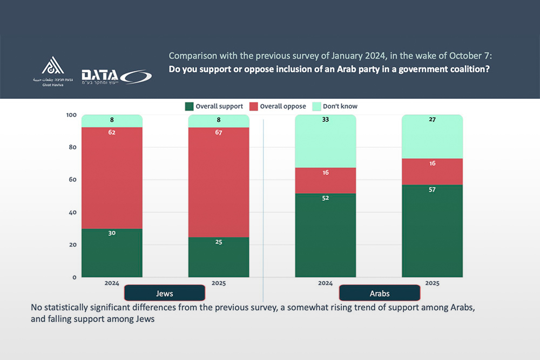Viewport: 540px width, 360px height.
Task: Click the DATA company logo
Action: click(116, 76)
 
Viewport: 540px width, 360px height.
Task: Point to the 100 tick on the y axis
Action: click(71, 115)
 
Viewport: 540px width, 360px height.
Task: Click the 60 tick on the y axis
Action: click(72, 180)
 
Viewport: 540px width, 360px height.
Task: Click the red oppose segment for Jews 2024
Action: click(112, 178)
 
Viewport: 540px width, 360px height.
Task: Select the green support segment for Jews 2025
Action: click(218, 257)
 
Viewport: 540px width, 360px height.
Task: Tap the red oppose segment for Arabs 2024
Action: click(325, 181)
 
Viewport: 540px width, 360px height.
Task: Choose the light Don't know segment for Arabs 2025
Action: click(432, 137)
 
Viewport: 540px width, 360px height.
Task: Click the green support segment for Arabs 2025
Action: click(432, 231)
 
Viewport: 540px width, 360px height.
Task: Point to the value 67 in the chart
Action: click(219, 133)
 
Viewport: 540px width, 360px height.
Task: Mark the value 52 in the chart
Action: click(325, 198)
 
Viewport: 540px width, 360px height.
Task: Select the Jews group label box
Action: click(164, 293)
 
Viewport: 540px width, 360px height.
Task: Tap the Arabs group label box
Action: click(379, 293)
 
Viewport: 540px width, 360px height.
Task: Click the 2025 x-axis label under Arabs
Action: click(432, 282)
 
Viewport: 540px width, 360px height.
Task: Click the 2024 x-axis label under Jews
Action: click(112, 282)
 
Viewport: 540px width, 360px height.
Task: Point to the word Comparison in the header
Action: click(192, 56)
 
